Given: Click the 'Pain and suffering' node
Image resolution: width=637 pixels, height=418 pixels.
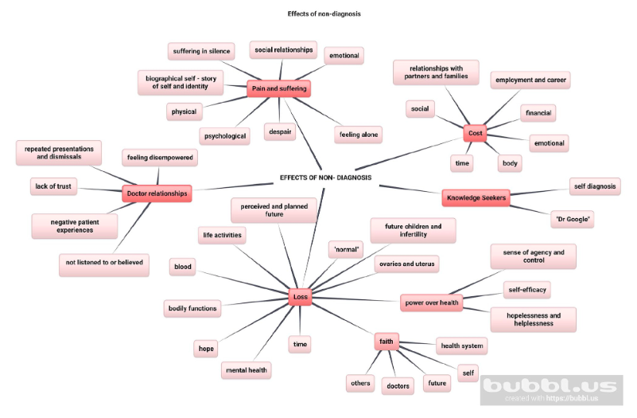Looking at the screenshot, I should [x=278, y=88].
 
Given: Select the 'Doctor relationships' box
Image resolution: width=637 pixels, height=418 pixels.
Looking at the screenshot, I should [x=157, y=193].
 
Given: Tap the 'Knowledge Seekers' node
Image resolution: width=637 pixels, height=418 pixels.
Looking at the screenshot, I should [x=476, y=197].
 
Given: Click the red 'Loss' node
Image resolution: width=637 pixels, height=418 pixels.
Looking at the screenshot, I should [x=301, y=297].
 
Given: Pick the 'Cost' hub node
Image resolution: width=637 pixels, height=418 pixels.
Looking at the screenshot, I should [x=475, y=134].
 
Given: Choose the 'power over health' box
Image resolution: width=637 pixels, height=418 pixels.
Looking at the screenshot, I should [x=431, y=303].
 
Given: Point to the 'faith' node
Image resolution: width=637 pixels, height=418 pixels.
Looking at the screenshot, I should [x=386, y=342].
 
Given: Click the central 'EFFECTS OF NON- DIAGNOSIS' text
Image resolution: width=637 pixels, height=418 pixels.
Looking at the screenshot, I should [x=325, y=178].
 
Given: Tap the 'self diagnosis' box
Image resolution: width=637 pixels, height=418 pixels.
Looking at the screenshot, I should [x=595, y=186].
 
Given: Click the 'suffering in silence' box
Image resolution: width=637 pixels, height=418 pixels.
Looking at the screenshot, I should [x=201, y=52].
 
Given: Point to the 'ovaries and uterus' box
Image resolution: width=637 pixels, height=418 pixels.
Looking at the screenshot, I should [x=406, y=264].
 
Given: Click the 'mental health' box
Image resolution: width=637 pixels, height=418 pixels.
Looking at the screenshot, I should [x=247, y=369].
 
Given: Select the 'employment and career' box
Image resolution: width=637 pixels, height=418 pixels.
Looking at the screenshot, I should [x=531, y=80].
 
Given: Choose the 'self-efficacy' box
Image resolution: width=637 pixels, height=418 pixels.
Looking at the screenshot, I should [x=527, y=289].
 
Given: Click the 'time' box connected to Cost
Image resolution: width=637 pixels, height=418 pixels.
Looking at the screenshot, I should [x=462, y=162].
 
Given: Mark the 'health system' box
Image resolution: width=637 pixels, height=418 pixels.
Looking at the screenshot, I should [x=461, y=346].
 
